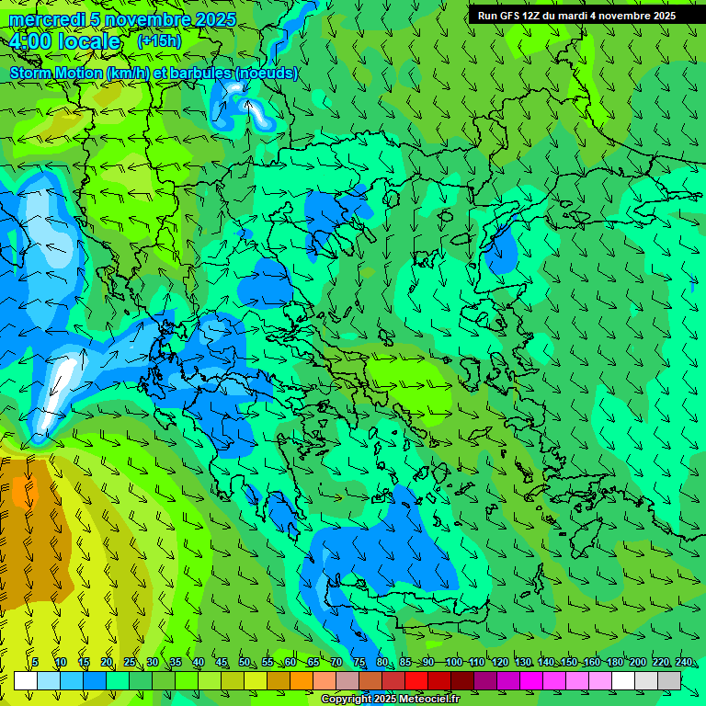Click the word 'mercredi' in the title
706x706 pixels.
[47, 19]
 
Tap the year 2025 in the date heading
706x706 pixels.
[214, 19]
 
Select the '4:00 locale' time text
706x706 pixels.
[65, 42]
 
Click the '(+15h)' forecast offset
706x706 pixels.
[159, 41]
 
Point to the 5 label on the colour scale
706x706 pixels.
[35, 663]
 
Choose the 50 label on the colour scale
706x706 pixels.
[245, 663]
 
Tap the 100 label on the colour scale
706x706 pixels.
[453, 663]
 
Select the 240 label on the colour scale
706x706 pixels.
[684, 663]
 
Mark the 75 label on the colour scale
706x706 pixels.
[360, 663]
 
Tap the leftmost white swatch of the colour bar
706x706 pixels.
[26, 680]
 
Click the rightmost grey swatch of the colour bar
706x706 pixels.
[669, 680]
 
